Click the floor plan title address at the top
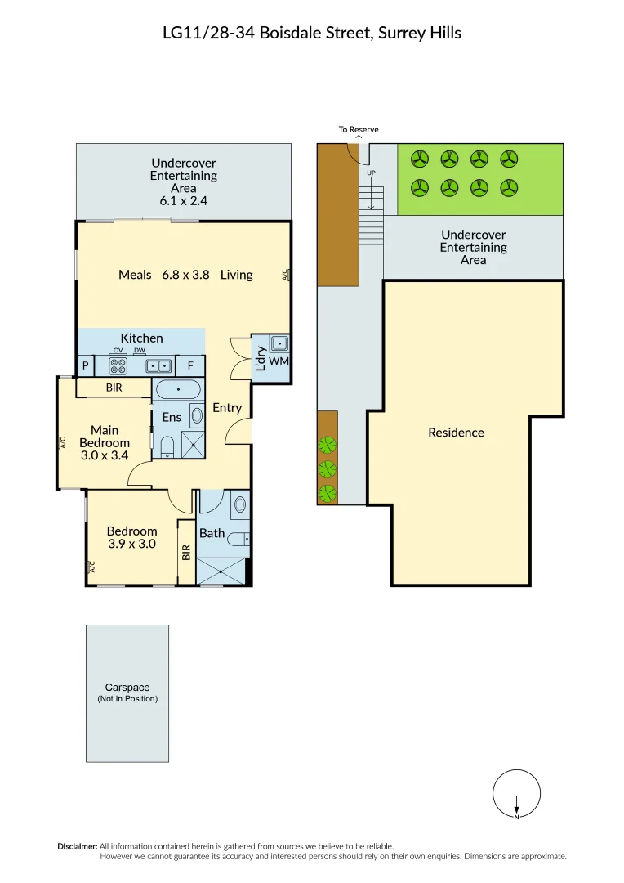312,33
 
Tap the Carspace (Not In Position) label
127,693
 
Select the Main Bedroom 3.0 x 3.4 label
105,442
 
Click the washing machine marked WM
279,361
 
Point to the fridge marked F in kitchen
190,366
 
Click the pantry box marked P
85,366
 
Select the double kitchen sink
158,366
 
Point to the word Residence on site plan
456,433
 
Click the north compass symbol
516,794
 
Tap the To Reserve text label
359,130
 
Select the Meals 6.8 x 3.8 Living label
185,275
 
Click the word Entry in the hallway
227,407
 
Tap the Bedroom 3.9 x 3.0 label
132,537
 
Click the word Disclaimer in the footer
77,846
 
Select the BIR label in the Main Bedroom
114,388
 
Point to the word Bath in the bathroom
212,533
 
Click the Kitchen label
141,338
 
